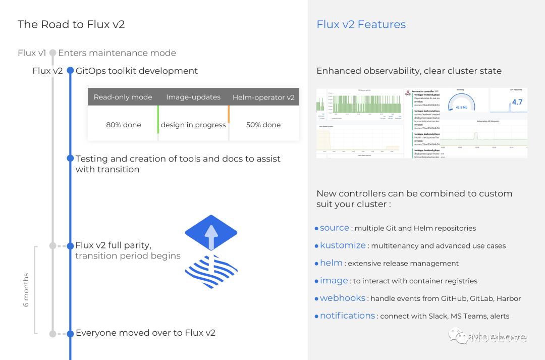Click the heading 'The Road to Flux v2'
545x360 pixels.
71,24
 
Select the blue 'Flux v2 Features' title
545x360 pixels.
361,24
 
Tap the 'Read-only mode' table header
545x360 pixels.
123,97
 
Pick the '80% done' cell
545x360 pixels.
124,125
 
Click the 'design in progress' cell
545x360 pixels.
193,125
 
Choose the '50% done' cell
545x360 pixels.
263,125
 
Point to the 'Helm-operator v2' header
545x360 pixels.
263,97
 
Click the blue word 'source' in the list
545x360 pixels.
335,228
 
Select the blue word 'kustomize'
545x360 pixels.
343,245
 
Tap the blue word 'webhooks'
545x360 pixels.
342,298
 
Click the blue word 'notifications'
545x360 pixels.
347,316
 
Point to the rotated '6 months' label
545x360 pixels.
26,290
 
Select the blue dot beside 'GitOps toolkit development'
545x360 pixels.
70,71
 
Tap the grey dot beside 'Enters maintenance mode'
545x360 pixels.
52,53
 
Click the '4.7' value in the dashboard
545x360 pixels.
517,102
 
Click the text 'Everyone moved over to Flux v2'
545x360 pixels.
145,333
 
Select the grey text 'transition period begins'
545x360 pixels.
128,256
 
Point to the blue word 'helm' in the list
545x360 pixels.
331,263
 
